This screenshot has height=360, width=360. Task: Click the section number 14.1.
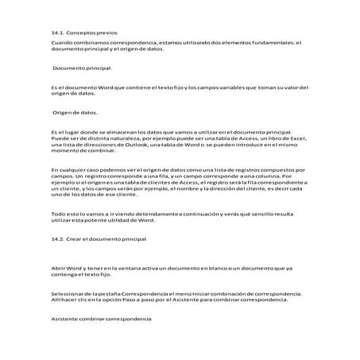click(58, 33)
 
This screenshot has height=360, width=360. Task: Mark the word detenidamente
click(149, 215)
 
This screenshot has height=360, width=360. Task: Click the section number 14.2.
click(58, 238)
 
